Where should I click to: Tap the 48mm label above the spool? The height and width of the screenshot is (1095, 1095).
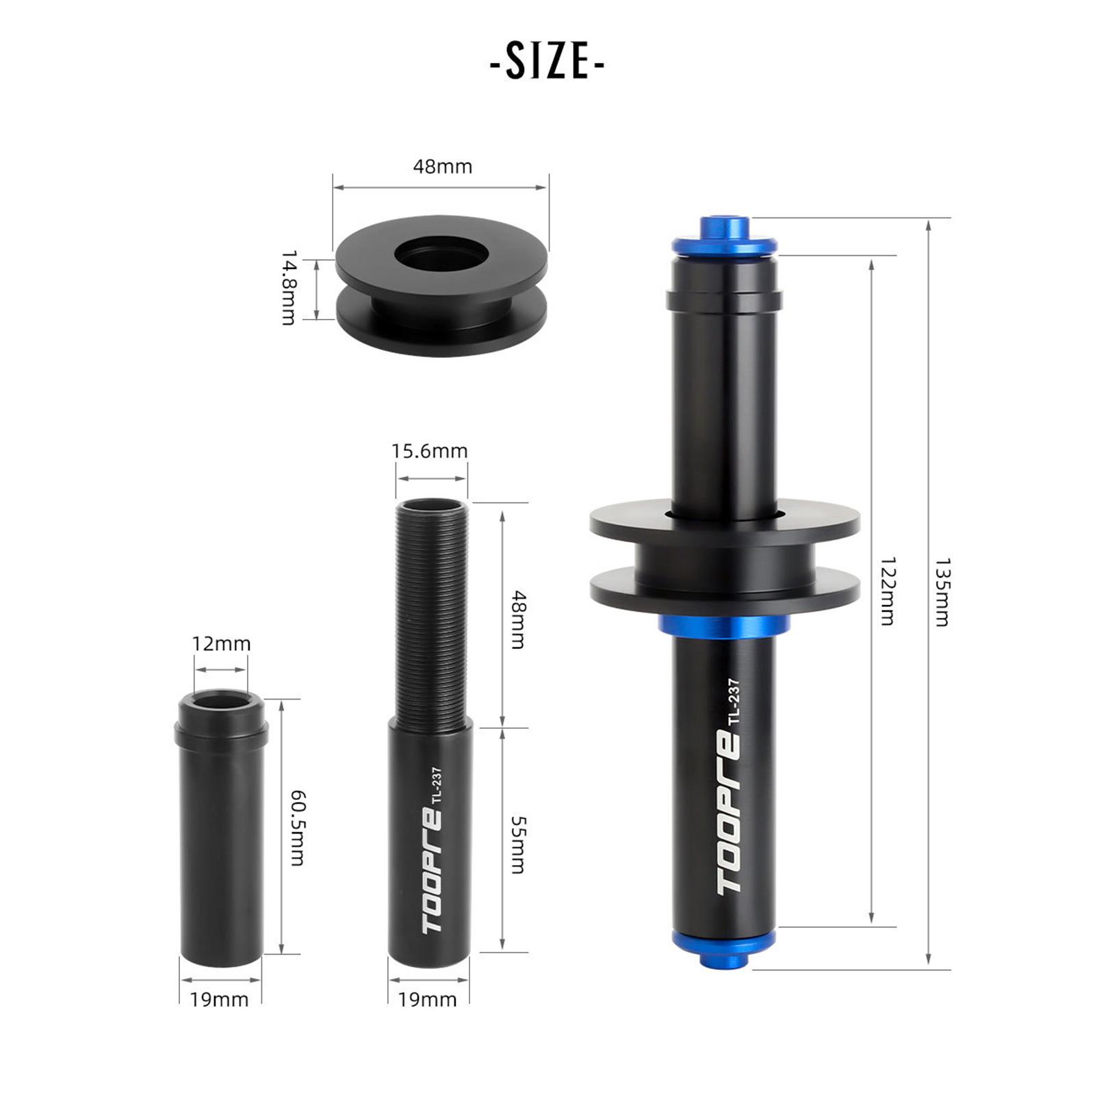click(x=442, y=166)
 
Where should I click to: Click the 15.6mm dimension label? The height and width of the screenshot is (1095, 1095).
click(x=430, y=451)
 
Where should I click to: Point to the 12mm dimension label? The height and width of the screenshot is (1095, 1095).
click(x=221, y=643)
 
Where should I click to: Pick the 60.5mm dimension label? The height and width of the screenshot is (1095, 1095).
click(x=298, y=827)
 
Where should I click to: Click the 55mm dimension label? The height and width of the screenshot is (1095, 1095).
click(x=518, y=845)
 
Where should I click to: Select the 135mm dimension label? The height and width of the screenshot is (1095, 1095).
click(x=942, y=593)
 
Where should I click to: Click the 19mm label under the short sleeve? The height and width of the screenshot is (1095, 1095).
click(x=219, y=1000)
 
